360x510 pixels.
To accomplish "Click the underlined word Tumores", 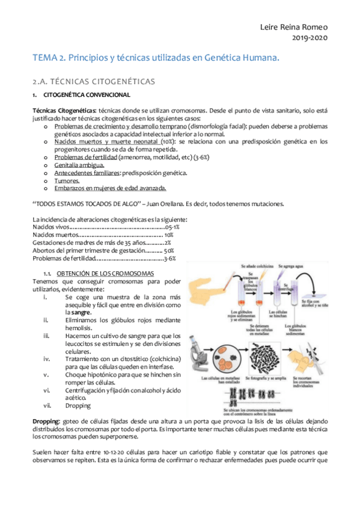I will pyautogui.click(x=67, y=180).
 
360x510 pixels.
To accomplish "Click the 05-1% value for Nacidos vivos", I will pyautogui.click(x=172, y=227).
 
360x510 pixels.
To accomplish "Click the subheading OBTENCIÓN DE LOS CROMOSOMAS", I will pyautogui.click(x=109, y=273).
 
